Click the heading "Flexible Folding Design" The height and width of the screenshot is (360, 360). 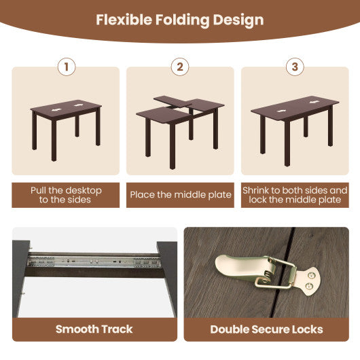pyautogui.click(x=179, y=20)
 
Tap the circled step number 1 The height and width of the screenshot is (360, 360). pyautogui.click(x=66, y=67)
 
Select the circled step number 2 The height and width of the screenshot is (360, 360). pyautogui.click(x=180, y=67)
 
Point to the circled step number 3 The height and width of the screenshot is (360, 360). pyautogui.click(x=294, y=67)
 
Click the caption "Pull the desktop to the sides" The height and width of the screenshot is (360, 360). pyautogui.click(x=66, y=195)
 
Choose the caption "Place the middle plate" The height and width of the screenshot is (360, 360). pyautogui.click(x=180, y=195)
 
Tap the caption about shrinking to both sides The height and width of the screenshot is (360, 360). pyautogui.click(x=295, y=195)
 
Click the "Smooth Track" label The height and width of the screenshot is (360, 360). pyautogui.click(x=94, y=329)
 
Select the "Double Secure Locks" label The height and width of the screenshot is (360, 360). pyautogui.click(x=266, y=329)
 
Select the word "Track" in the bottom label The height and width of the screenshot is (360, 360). pyautogui.click(x=117, y=329)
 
